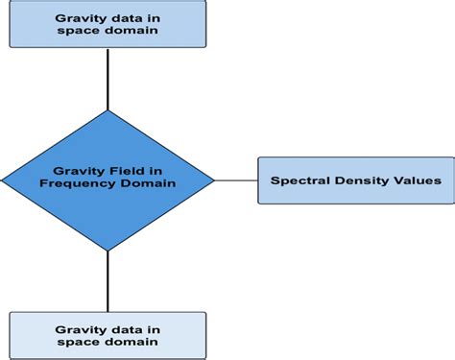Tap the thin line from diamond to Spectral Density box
coord(235,180)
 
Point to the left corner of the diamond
coord(4,180)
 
